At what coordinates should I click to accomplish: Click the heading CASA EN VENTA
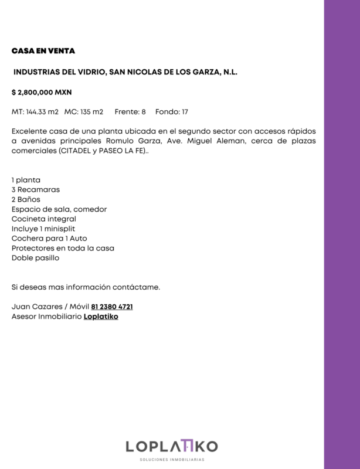point(43,51)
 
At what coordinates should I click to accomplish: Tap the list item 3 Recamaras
point(36,189)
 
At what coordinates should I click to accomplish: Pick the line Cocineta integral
point(44,218)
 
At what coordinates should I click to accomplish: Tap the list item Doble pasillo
point(35,257)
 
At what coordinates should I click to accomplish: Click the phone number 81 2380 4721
point(116,307)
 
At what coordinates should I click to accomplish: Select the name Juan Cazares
point(36,307)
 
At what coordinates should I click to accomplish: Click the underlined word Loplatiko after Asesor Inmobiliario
point(101,317)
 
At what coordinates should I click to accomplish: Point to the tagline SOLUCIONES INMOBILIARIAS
point(171,460)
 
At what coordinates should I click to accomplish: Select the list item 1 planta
point(26,179)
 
